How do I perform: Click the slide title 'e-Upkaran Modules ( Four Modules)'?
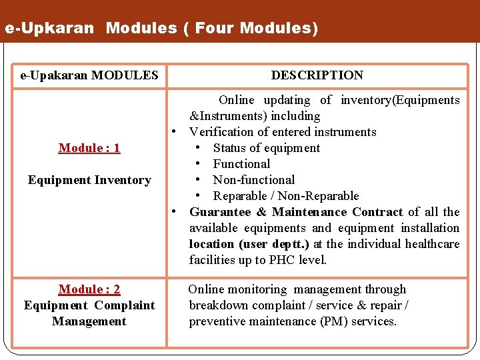[x=161, y=29]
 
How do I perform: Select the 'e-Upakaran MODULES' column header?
[x=89, y=75]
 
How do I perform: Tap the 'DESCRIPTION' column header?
[x=317, y=75]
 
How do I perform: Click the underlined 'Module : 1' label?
[x=89, y=148]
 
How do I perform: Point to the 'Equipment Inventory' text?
[x=89, y=180]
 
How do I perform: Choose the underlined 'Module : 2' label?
[x=89, y=289]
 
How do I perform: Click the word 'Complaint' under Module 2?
[x=125, y=305]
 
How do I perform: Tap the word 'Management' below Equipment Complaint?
[x=89, y=321]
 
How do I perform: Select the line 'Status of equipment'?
[x=267, y=148]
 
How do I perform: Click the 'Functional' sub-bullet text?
[x=241, y=164]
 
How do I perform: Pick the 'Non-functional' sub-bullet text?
[x=253, y=180]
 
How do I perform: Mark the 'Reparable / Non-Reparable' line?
[x=285, y=196]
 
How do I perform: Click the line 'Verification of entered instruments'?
[x=283, y=132]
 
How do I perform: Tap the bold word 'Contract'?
[x=377, y=212]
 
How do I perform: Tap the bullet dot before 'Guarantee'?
[x=173, y=212]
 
